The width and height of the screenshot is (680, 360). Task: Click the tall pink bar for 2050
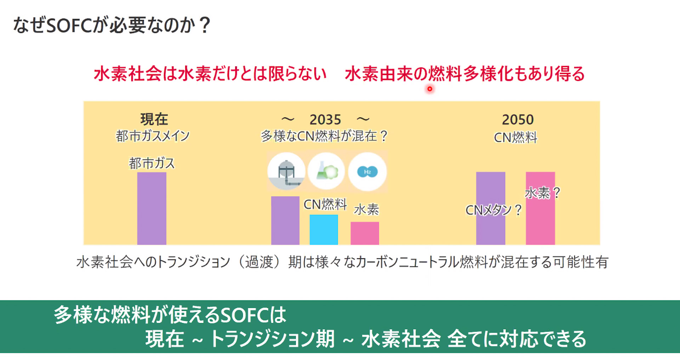click(x=540, y=219)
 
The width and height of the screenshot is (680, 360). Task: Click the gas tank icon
click(x=286, y=171)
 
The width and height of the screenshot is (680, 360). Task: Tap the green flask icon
click(x=327, y=171)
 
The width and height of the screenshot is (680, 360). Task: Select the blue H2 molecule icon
click(x=367, y=172)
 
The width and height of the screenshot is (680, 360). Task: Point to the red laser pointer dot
click(x=430, y=89)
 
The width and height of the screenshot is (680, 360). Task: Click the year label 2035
click(x=325, y=120)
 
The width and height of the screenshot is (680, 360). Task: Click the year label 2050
click(x=517, y=120)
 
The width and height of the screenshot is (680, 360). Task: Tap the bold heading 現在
click(x=154, y=119)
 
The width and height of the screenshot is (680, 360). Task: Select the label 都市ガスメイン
click(x=153, y=136)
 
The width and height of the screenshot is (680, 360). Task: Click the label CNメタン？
click(x=493, y=210)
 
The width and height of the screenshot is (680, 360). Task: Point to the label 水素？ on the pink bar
click(x=542, y=193)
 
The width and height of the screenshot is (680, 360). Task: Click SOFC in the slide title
click(x=69, y=25)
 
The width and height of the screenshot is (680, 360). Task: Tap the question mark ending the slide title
click(x=205, y=25)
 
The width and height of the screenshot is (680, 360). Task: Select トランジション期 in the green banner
click(x=272, y=339)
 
